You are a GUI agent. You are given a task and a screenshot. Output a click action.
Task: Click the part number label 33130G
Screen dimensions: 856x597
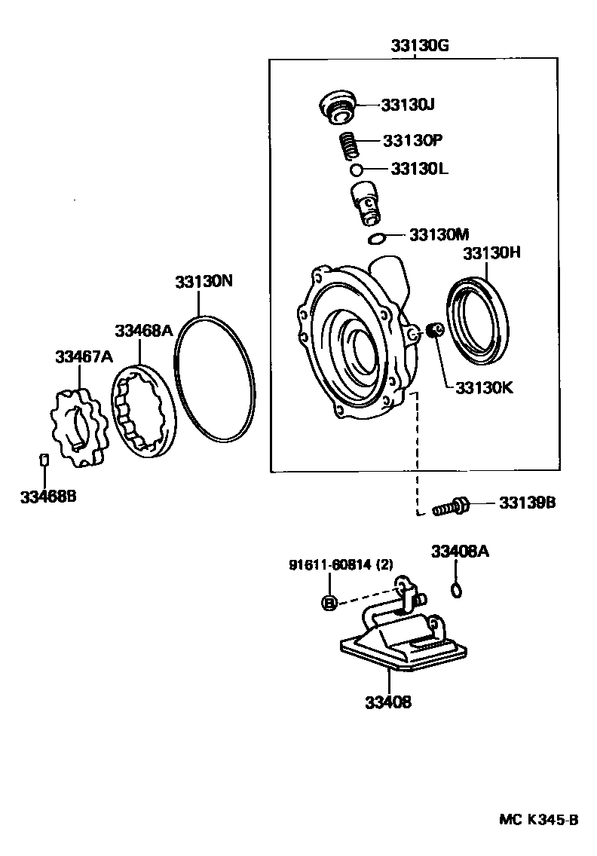coord(420,45)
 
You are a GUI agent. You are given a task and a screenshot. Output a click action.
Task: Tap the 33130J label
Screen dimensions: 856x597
coord(408,105)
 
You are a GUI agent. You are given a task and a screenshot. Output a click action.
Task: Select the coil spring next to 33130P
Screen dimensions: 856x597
coord(347,144)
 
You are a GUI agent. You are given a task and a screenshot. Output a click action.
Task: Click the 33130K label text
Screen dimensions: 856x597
coord(483,389)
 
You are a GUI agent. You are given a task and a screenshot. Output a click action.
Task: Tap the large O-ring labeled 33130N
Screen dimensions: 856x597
coord(215,378)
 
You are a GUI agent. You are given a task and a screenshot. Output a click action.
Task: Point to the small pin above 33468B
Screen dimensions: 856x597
coord(44,460)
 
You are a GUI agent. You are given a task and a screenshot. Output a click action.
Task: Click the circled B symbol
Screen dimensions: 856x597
coord(329,602)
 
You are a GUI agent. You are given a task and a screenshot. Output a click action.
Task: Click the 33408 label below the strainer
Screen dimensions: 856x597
coord(388,702)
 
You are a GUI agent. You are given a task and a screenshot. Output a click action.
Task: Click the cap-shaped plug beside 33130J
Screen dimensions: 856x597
coord(335,106)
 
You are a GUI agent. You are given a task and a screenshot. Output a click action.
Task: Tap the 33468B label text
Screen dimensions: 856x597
coord(49,497)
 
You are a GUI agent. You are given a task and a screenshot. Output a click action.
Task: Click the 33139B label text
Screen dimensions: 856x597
coord(527,502)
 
